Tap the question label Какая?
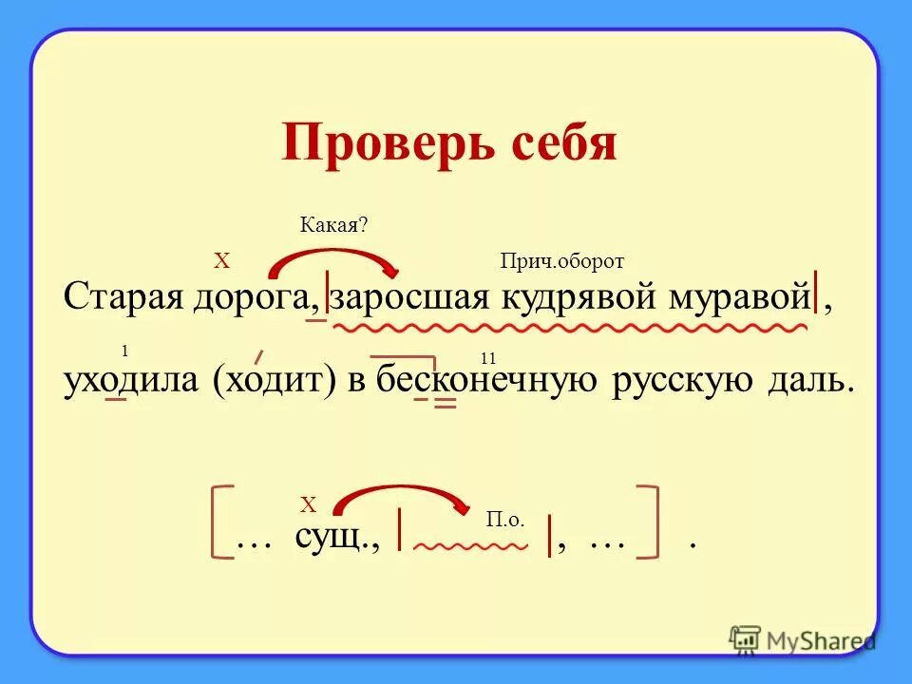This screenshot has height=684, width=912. click(x=333, y=224)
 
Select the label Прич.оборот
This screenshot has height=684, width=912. click(x=562, y=262)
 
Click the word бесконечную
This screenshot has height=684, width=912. click(x=484, y=380)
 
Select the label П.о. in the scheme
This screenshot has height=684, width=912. click(x=504, y=519)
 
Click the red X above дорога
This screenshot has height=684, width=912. click(x=221, y=259)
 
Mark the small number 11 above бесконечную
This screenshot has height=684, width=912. click(x=489, y=358)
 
